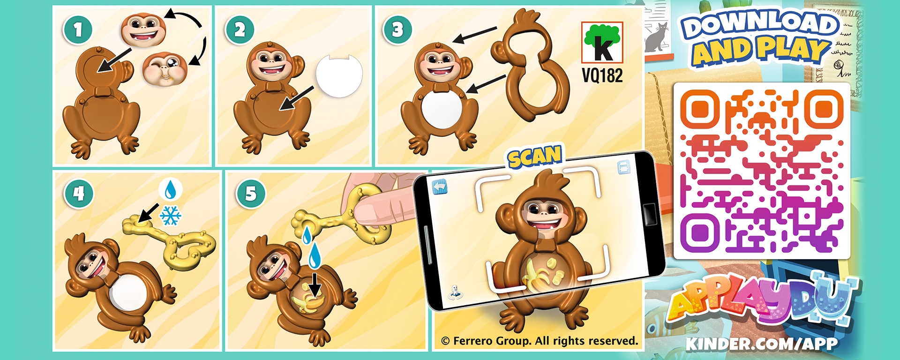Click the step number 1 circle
click(78, 30)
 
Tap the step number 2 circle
click(240, 30)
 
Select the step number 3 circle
click(397, 30)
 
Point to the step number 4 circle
click(78, 193)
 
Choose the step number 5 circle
click(251, 193)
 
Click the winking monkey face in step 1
click(165, 68)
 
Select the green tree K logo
click(602, 43)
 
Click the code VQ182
click(602, 75)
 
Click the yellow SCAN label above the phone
click(535, 157)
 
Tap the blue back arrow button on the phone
click(440, 187)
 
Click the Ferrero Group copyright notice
click(540, 341)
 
